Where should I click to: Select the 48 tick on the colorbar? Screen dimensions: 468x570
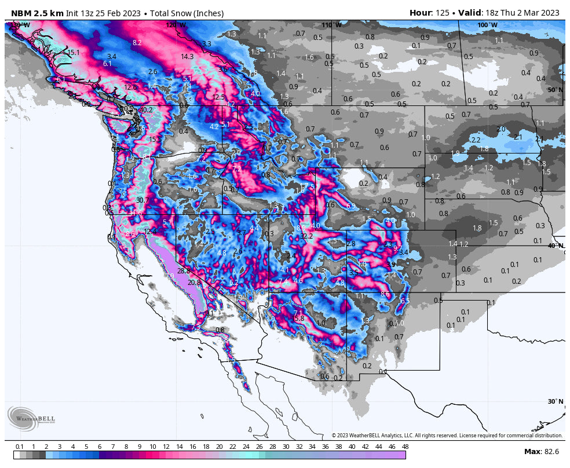[404, 447]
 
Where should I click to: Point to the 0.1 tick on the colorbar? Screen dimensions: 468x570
[20, 447]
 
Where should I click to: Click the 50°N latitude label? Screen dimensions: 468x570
[555, 90]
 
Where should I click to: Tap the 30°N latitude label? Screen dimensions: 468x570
[555, 401]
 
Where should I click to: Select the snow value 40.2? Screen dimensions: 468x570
[146, 110]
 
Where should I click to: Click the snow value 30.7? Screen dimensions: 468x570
[142, 200]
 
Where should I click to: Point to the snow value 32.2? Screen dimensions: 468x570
[306, 236]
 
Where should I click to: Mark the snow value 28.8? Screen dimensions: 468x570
[184, 271]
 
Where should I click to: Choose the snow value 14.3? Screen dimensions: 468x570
[187, 57]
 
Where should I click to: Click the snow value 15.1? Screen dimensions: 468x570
[73, 53]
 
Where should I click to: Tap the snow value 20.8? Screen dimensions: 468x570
[195, 283]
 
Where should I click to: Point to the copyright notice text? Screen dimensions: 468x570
[447, 436]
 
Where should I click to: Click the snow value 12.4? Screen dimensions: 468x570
[150, 231]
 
